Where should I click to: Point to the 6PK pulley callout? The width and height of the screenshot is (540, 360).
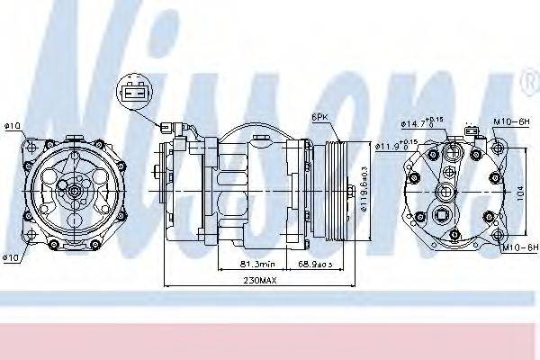pos(319,116)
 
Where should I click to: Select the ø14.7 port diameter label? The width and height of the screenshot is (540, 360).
pos(420,123)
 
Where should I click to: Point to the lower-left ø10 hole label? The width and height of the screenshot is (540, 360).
pos(12,258)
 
